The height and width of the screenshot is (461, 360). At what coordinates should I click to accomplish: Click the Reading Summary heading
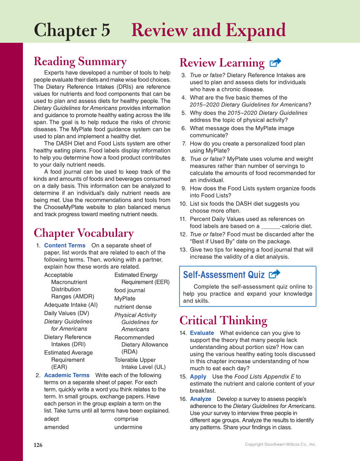point(80,62)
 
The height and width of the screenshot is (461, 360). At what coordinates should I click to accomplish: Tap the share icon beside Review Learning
point(275,63)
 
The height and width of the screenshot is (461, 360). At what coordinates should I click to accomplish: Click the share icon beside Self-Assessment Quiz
point(274,274)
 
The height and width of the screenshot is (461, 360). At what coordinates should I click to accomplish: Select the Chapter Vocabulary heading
point(84,233)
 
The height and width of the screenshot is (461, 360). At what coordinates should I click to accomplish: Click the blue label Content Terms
point(64,246)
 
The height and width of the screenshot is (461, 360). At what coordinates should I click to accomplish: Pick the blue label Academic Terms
point(67,375)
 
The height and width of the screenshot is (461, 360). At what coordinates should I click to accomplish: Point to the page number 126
point(38,445)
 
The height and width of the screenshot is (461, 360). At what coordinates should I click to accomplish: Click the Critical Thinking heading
point(223,320)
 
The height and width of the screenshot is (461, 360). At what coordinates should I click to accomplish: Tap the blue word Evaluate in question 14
point(202,333)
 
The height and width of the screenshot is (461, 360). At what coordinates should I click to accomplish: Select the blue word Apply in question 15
point(198,377)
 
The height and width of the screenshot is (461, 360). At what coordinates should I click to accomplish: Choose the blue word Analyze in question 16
point(201,399)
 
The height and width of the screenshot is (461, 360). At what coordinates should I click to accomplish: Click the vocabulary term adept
point(51,419)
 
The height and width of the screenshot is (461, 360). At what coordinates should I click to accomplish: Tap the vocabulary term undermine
point(128,427)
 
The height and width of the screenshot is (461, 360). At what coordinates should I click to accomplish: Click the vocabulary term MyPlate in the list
point(125,299)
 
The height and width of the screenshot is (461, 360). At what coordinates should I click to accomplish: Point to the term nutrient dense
point(133,307)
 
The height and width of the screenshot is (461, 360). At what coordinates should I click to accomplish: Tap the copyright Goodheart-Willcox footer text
point(280,444)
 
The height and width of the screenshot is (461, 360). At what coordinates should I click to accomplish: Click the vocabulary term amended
point(56,427)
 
